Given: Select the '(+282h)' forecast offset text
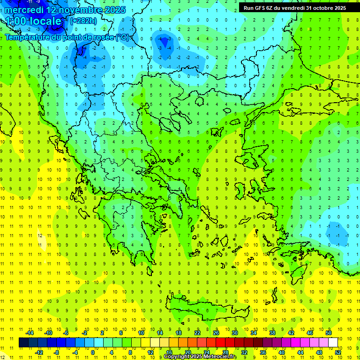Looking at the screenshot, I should (83, 21).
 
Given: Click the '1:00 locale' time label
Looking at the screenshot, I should (33, 22).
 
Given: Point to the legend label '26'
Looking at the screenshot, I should (216, 333).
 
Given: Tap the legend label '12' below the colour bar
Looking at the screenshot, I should (150, 352).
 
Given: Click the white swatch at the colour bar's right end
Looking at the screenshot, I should (333, 343).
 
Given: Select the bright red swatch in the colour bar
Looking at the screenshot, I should (221, 343).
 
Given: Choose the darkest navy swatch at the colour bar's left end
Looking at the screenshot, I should (23, 343).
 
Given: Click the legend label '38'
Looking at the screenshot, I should (272, 333).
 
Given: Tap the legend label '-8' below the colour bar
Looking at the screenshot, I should (57, 352).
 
